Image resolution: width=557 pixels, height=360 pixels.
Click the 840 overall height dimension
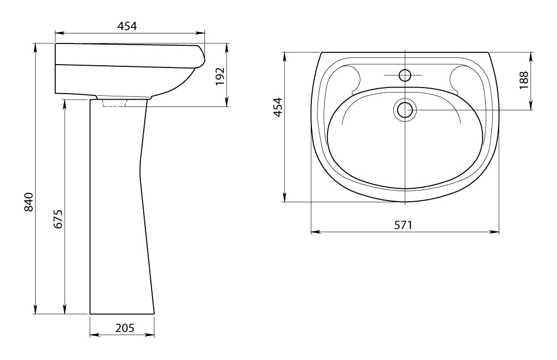(29, 202)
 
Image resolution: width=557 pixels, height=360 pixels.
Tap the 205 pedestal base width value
(125, 328)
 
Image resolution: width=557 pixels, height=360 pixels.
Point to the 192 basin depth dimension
(220, 76)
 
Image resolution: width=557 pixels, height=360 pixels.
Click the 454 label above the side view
(127, 26)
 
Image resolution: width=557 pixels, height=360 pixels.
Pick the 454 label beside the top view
(278, 107)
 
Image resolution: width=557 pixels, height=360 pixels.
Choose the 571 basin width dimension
(403, 225)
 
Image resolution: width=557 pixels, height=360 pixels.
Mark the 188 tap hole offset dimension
(524, 80)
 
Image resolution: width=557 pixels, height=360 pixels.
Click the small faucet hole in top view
(405, 75)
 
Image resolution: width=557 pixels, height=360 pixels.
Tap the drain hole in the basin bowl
(405, 110)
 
